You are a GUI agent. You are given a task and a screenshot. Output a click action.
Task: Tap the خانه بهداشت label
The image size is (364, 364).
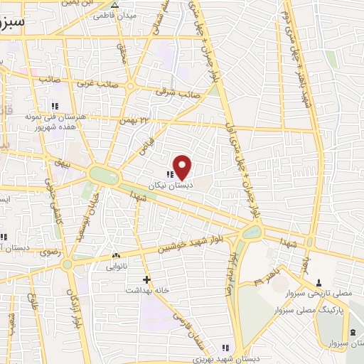coord(146,291)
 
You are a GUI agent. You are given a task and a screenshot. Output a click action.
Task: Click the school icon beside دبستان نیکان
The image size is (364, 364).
coord(169,174)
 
